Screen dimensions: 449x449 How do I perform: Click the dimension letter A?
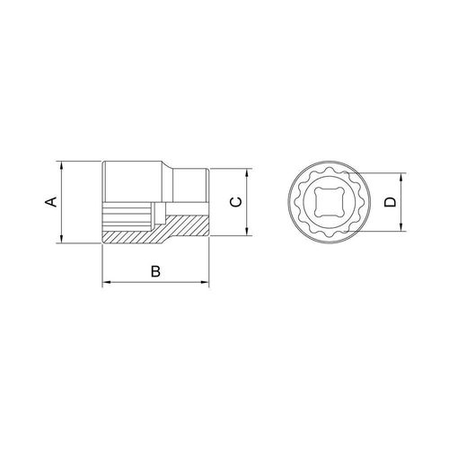tap(51, 202)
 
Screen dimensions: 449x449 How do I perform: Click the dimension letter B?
tap(155, 271)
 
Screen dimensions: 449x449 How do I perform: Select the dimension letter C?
tap(236, 202)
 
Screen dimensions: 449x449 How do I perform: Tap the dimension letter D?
tap(391, 202)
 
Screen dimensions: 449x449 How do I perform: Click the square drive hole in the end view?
tap(330, 201)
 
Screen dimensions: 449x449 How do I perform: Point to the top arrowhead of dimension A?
tap(61, 165)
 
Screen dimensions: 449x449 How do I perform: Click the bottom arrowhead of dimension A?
tap(61, 239)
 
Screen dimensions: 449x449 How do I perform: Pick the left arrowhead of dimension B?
tap(107, 282)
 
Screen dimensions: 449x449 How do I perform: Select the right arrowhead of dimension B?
tap(205, 282)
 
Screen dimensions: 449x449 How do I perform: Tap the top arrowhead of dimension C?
tap(247, 173)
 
